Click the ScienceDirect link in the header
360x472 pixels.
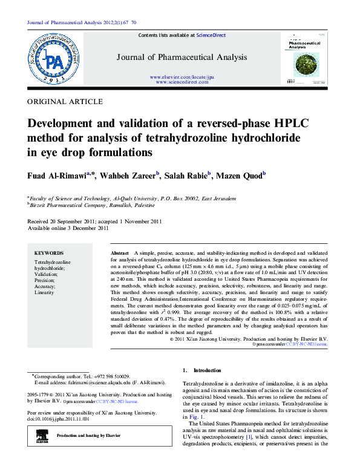tap(211, 35)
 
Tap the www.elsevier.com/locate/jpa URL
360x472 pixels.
tap(182, 77)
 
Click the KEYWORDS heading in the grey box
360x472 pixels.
tap(49, 253)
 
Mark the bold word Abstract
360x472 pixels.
tap(120, 251)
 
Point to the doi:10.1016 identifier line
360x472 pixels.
tap(59, 419)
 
